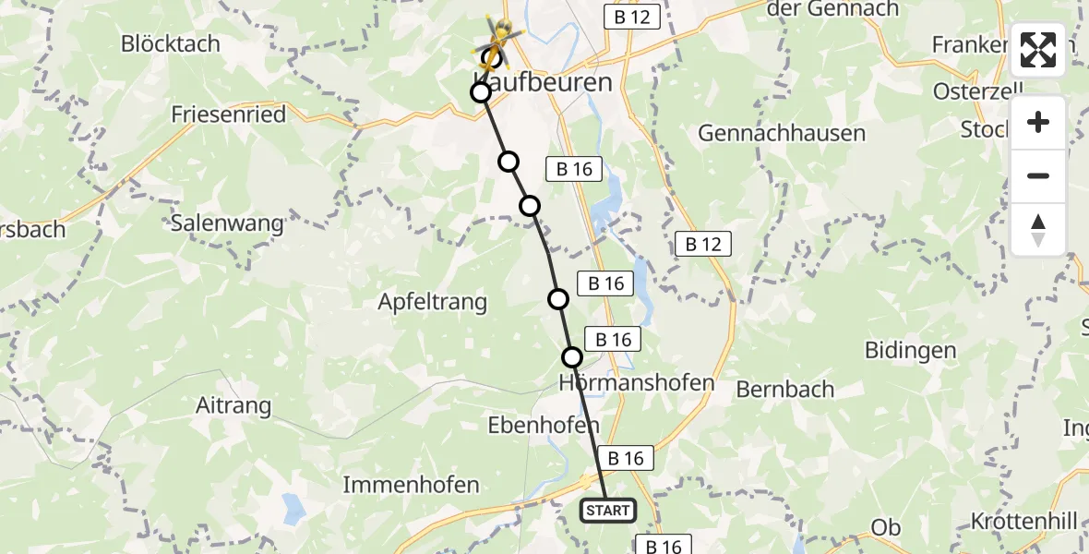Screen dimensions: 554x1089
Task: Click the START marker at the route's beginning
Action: pos(607,511)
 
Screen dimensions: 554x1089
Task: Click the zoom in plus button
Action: pos(1038,123)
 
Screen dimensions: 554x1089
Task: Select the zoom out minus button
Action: pos(1038,175)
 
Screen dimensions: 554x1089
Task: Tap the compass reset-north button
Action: pos(1038,229)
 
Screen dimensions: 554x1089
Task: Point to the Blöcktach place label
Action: pos(171,43)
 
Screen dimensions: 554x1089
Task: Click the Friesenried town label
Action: pos(229,114)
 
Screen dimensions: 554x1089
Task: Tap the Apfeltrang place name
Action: pos(433,302)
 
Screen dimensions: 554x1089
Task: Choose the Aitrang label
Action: pos(233,404)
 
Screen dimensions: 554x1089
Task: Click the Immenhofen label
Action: pos(411,485)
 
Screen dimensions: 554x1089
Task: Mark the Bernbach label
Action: pos(785,389)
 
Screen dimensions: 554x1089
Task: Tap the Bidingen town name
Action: pos(910,350)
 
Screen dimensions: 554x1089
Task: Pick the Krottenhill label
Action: pos(1023,522)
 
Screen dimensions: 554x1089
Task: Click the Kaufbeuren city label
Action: pos(544,81)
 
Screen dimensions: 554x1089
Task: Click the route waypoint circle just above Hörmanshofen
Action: pos(572,357)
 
